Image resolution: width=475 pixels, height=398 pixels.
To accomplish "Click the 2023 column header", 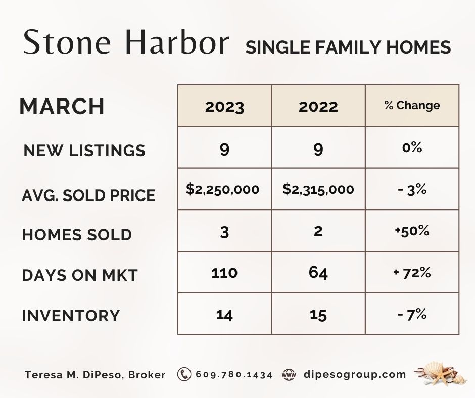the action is tap(224, 107).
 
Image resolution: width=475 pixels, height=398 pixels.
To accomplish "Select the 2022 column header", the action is tap(318, 107).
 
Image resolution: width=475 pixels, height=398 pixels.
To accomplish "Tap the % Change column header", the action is tap(412, 105).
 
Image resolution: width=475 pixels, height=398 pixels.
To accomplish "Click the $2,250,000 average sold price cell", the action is tap(223, 189).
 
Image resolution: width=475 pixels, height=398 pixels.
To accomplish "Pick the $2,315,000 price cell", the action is tap(318, 189).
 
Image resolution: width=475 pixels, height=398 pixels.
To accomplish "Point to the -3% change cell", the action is tap(412, 189).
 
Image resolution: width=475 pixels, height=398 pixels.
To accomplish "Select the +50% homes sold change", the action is tap(412, 231).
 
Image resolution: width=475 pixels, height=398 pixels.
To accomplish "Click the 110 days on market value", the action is tap(224, 273).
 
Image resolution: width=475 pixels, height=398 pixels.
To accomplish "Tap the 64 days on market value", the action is tap(318, 273).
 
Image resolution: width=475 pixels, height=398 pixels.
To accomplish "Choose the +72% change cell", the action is tap(412, 273).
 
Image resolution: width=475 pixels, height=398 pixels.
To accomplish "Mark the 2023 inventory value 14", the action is tap(224, 315).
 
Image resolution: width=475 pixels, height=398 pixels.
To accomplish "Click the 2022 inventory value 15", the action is tap(318, 315).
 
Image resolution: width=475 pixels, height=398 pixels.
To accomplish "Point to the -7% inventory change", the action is tap(412, 314).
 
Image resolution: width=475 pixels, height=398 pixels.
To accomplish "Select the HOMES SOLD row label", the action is tap(77, 235).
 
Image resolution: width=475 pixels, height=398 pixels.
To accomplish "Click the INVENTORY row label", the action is tap(71, 315).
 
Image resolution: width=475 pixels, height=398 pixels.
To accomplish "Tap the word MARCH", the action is tap(62, 106).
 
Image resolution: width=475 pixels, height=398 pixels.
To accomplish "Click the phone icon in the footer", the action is tap(184, 374).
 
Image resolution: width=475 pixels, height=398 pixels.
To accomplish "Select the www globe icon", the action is tap(289, 374).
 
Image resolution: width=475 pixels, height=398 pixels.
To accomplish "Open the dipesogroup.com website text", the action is tap(355, 375).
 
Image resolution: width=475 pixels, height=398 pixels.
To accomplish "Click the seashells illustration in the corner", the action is tap(438, 373).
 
